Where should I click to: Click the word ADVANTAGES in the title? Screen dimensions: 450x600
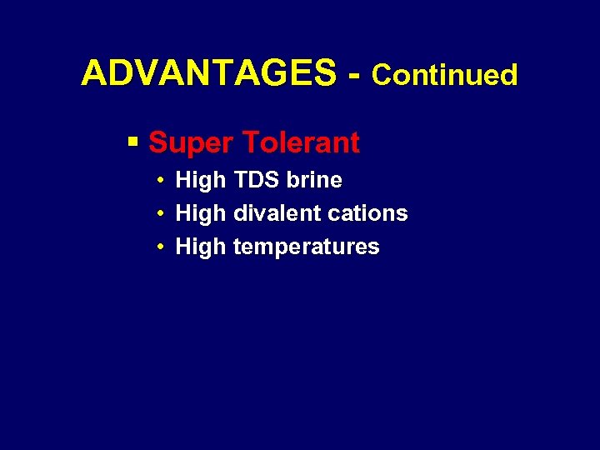[x=208, y=75]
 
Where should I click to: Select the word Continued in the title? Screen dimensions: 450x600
[x=445, y=75]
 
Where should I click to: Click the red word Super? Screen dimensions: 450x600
[x=191, y=143]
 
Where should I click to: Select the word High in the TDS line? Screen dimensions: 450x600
[x=201, y=180]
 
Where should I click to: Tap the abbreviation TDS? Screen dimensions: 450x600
[x=257, y=180]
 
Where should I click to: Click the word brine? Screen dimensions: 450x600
[x=315, y=180]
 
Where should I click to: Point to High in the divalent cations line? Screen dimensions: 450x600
[x=201, y=213]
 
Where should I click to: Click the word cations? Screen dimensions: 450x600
[x=367, y=213]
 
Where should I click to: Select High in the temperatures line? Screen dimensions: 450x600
[x=201, y=247]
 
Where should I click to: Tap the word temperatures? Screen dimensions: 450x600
[x=306, y=247]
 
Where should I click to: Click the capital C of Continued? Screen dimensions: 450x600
[x=382, y=75]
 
